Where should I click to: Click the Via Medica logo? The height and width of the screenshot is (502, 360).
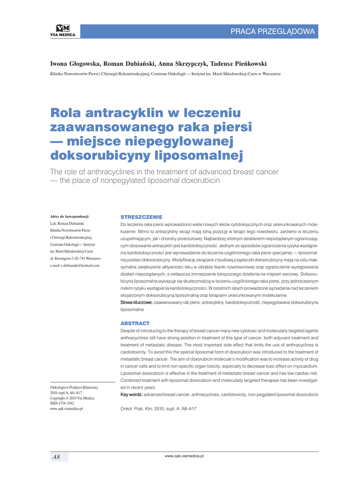(63, 31)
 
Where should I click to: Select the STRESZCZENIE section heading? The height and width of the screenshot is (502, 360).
(141, 216)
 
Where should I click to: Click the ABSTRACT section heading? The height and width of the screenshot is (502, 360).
(135, 324)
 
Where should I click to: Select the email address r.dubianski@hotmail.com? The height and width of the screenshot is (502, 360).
(75, 265)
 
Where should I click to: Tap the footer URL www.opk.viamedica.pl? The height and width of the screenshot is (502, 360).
(184, 456)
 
